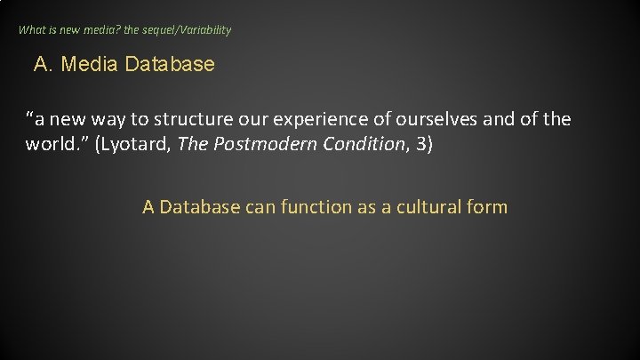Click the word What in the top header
(31, 30)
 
